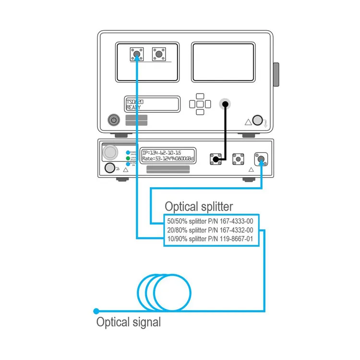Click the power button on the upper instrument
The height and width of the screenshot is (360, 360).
[113, 120]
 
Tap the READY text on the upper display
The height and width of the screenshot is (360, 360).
[134, 108]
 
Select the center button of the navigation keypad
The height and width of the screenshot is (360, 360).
[200, 104]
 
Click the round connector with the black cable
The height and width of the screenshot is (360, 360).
[224, 104]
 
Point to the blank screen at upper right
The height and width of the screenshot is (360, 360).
[223, 62]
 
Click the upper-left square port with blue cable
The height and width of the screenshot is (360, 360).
[137, 54]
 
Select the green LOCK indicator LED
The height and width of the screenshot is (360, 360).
[128, 158]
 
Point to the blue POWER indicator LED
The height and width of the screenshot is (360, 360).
[128, 152]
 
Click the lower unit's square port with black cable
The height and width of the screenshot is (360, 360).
[216, 158]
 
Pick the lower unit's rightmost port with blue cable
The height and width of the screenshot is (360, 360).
[261, 158]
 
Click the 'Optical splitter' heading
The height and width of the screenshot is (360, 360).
[199, 206]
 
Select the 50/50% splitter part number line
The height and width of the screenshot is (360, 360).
[210, 221]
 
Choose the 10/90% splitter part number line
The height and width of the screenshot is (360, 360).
[210, 239]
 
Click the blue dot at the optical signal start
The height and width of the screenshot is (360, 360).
[96, 311]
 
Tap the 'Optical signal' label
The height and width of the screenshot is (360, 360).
[129, 322]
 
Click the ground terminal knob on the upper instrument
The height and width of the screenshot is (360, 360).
[257, 120]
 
